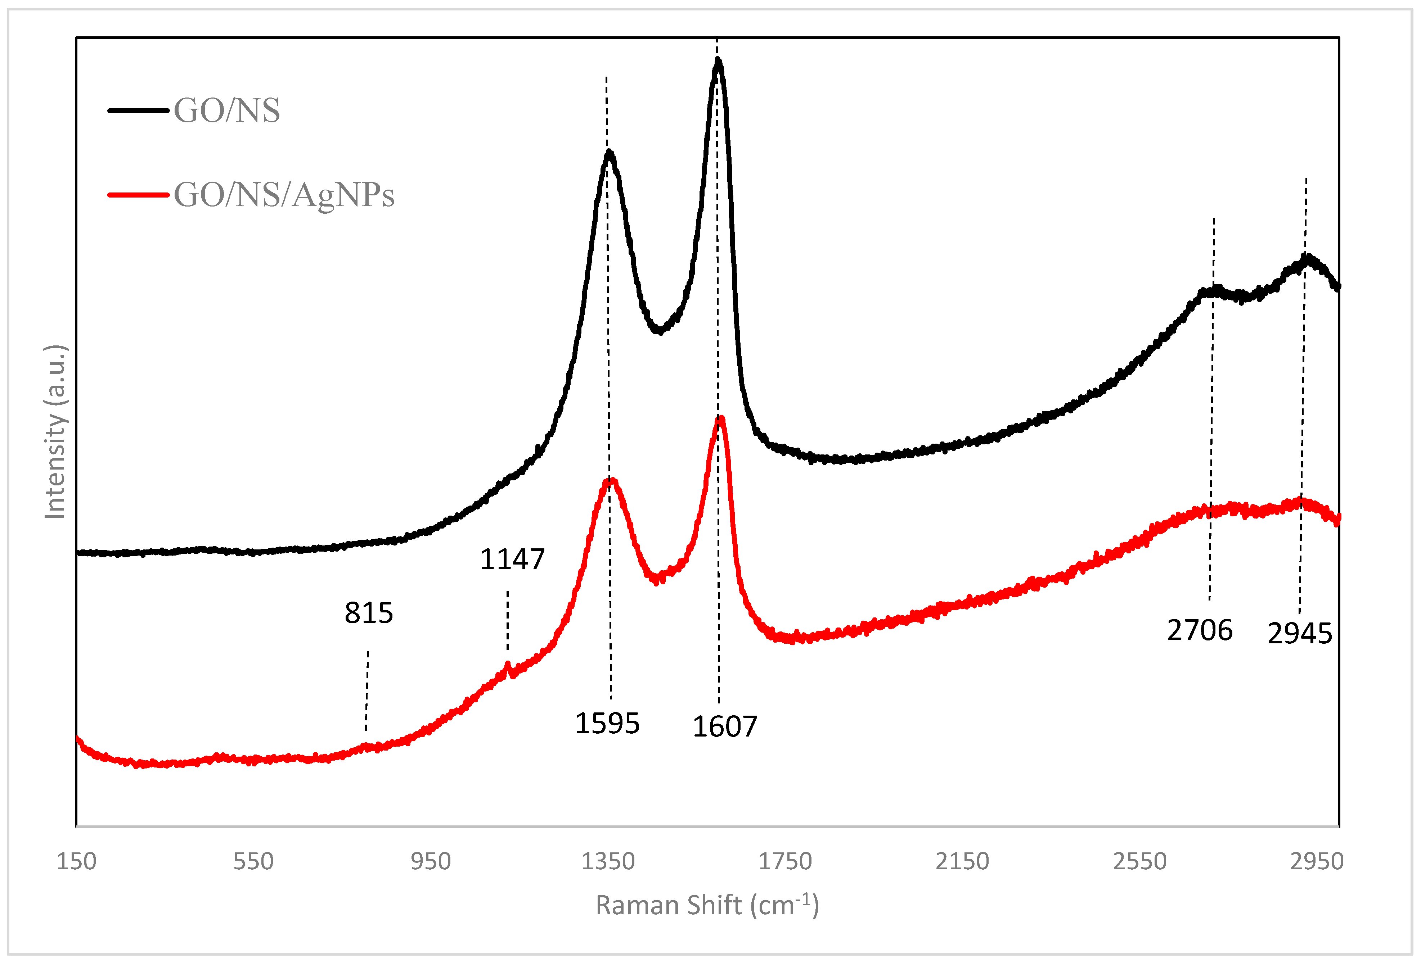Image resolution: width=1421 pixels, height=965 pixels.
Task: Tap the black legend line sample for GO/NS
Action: click(138, 110)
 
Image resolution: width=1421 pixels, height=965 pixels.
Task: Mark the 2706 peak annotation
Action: click(1200, 630)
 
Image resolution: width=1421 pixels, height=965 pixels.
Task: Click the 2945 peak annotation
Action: click(1299, 633)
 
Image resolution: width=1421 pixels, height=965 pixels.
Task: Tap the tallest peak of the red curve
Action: click(721, 419)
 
